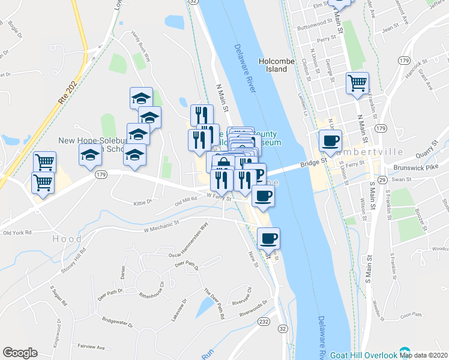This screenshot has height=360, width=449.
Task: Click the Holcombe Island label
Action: coord(274,65)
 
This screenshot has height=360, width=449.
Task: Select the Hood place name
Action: coord(67,239)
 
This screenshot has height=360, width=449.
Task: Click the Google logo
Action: coord(20,353)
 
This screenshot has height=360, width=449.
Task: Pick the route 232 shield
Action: coord(265,323)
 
